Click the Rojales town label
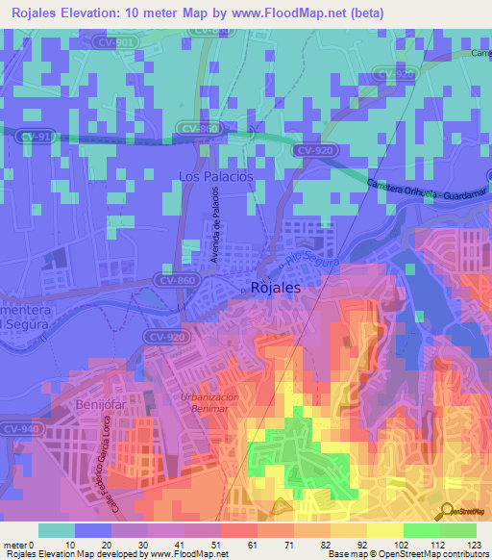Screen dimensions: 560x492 (x=275, y=287)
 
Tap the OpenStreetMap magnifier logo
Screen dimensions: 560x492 (x=446, y=512)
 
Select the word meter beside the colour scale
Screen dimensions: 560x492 (x=14, y=545)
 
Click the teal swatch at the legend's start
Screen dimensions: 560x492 (x=57, y=530)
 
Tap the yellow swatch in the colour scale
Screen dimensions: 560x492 (x=385, y=530)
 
